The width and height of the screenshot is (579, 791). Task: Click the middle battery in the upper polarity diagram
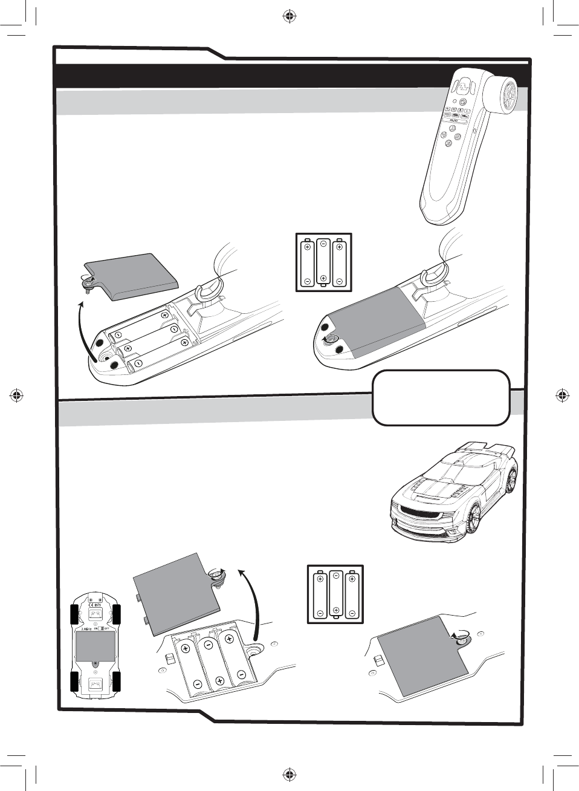[323, 261]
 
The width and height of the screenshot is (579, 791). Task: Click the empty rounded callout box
[441, 397]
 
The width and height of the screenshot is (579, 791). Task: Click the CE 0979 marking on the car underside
[95, 604]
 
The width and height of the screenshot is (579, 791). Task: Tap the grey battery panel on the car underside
[95, 646]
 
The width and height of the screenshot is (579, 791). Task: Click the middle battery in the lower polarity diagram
[335, 593]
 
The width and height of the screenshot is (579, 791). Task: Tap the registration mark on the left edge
[17, 395]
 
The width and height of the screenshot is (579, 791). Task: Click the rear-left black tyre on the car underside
[75, 682]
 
